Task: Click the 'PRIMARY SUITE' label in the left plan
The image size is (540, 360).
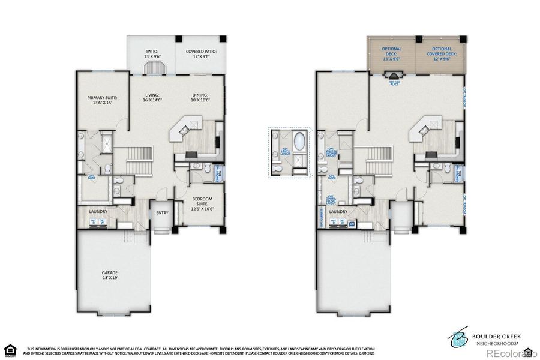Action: click(102, 100)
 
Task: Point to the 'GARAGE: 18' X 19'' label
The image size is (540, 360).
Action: click(110, 275)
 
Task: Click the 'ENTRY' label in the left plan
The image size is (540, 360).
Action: click(162, 212)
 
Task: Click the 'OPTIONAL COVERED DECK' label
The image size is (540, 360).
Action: click(442, 54)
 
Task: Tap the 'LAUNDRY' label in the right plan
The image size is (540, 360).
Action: click(338, 212)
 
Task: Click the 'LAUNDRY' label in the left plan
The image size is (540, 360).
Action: click(98, 211)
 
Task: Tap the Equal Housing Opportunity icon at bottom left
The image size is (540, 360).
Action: click(9, 350)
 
